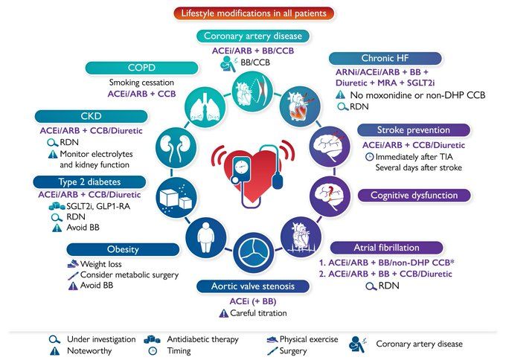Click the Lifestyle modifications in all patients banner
254,13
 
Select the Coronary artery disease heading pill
253,36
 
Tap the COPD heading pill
141,68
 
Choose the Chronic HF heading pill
385,58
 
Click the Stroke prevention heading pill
414,130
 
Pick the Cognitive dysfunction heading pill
414,195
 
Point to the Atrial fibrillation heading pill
387,248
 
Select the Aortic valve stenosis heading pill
253,286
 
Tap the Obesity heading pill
123,249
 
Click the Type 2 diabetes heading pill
89,182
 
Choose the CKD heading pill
92,116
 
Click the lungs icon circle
205,106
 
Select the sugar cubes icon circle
176,197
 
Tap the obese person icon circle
206,238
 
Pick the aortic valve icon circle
254,253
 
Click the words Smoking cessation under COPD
141,83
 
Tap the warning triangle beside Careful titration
224,313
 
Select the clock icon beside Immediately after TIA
370,157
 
